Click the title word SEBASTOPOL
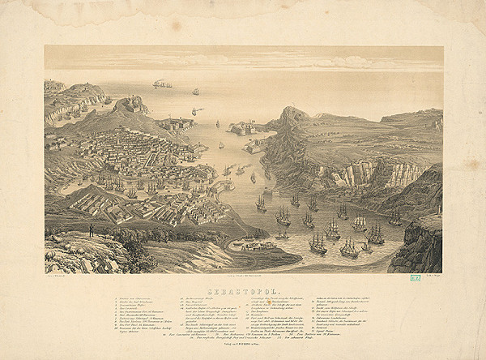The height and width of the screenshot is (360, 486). click(x=243, y=289)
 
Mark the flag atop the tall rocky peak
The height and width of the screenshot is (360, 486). click(x=289, y=108)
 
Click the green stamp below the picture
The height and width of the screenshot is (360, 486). click(x=437, y=279)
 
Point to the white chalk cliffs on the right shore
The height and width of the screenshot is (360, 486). click(x=373, y=173)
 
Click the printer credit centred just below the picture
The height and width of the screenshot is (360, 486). click(x=243, y=277)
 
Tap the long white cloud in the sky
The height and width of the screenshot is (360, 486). click(x=324, y=62)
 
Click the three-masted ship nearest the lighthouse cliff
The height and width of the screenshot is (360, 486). click(x=395, y=217)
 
